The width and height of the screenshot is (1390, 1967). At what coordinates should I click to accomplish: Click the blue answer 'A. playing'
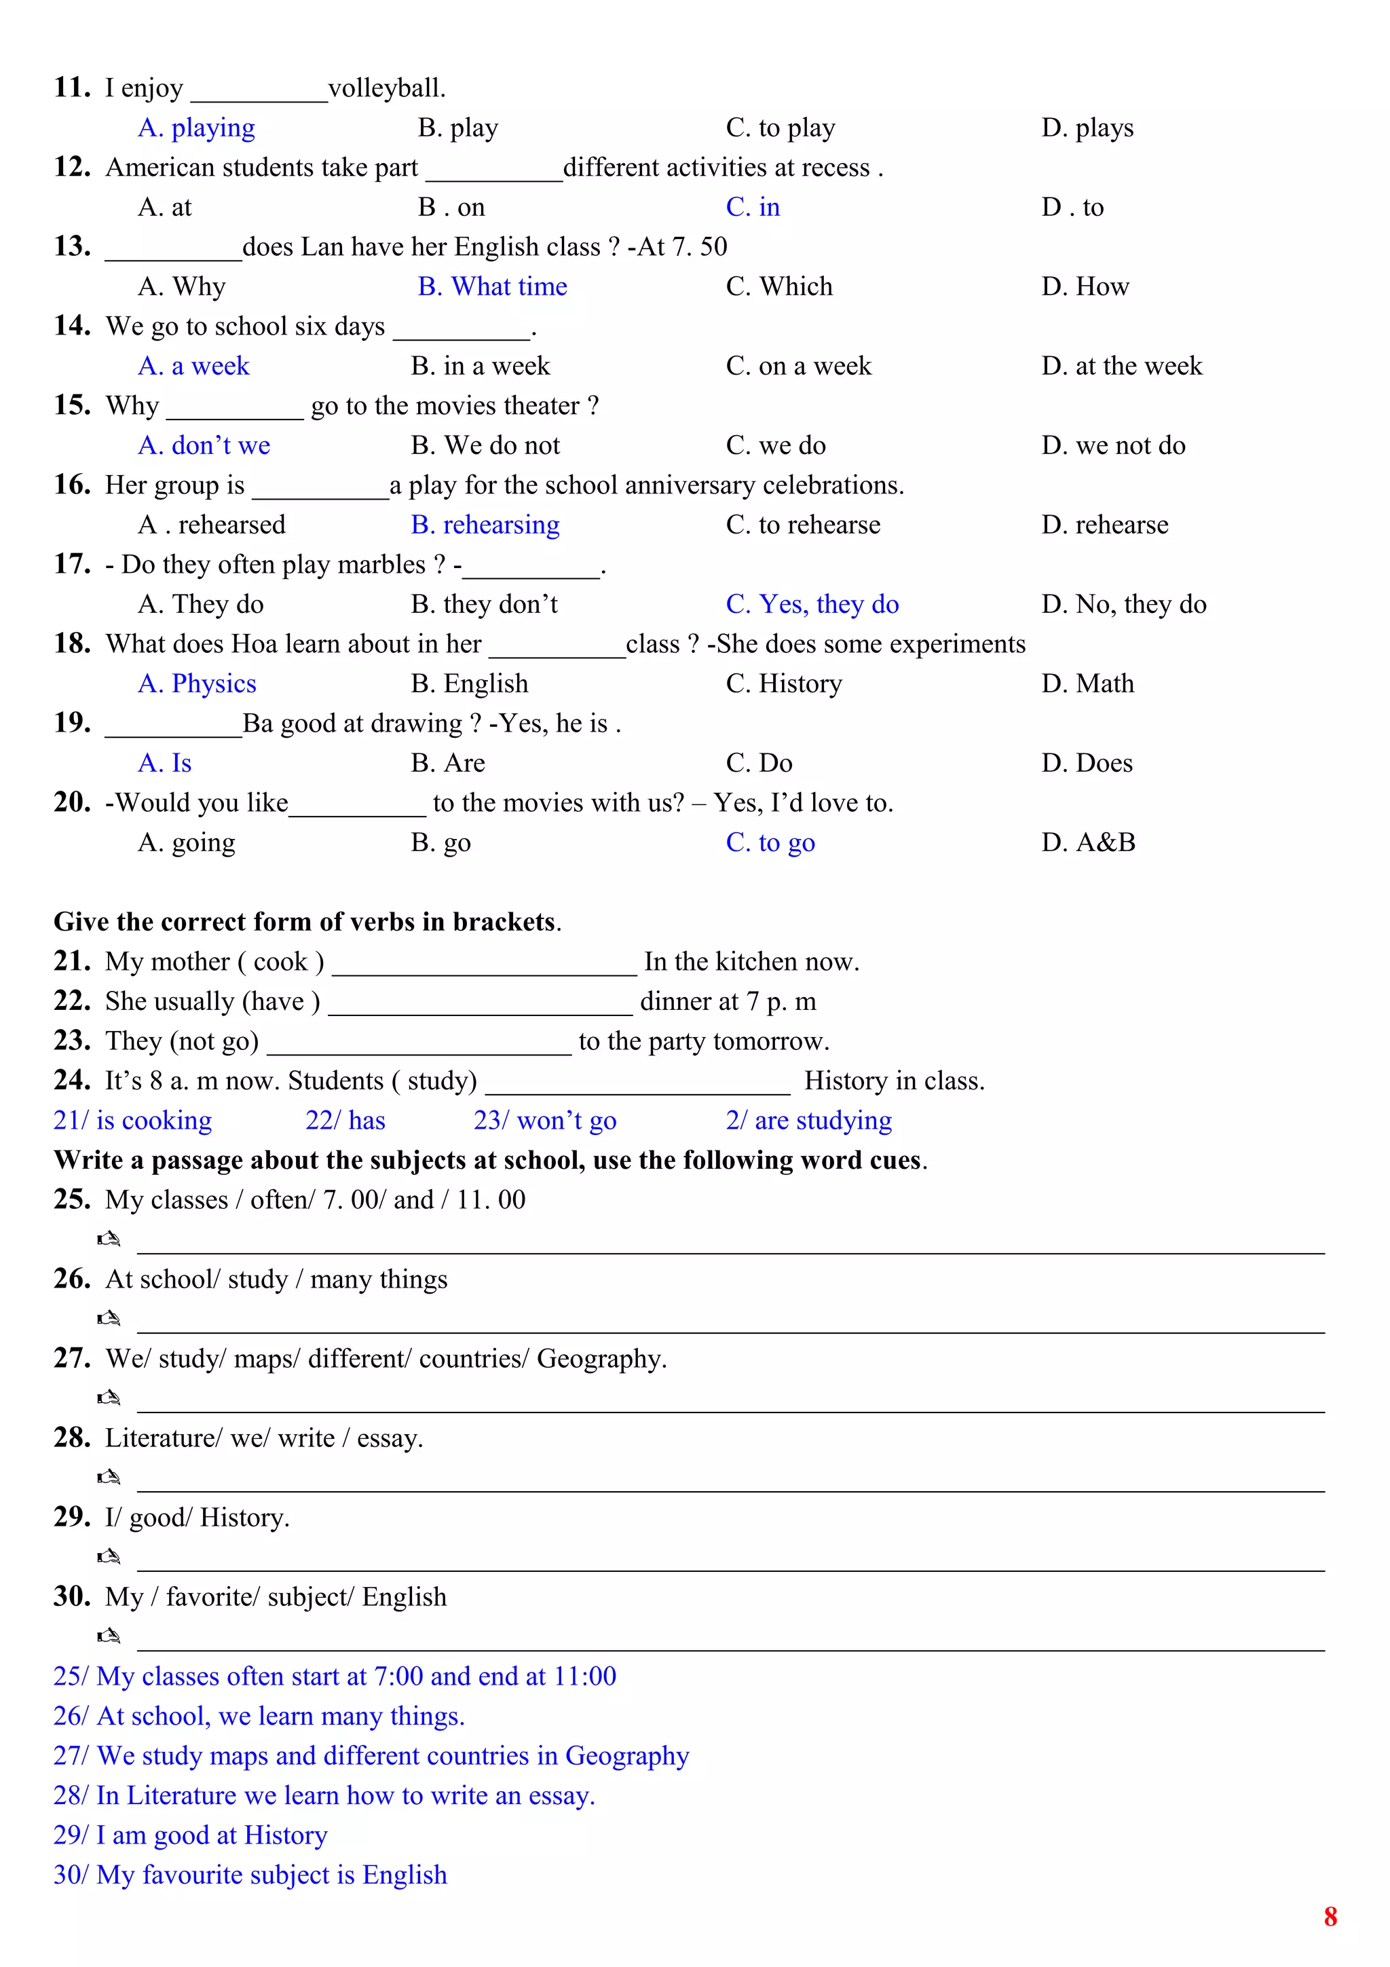196,128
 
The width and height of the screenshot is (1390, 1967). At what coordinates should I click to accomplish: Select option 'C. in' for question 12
752,207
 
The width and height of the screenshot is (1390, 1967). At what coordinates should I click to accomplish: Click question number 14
72,326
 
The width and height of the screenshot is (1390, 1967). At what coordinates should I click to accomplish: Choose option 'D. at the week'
1121,367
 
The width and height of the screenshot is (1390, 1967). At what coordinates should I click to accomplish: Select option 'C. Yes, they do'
812,605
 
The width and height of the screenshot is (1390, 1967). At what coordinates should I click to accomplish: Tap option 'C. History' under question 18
784,683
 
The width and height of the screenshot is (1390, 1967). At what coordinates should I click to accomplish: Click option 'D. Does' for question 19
1086,764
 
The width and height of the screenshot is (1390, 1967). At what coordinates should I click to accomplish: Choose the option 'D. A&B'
1088,843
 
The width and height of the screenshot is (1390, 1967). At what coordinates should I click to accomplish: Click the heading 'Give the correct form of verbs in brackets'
307,922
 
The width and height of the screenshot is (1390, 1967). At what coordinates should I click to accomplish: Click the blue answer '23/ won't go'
545,1121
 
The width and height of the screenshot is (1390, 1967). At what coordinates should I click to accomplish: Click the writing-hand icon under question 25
109,1239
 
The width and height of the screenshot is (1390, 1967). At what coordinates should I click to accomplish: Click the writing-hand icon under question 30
109,1636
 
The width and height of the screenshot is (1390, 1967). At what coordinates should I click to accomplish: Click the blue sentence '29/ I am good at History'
190,1835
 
